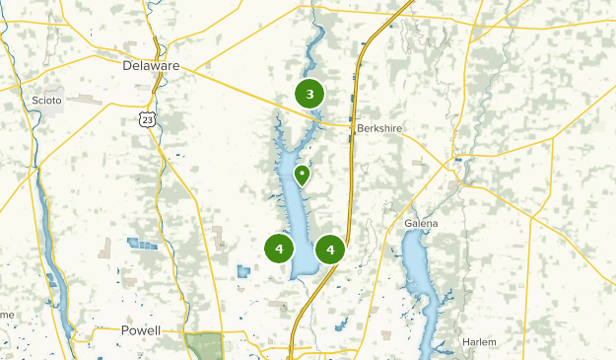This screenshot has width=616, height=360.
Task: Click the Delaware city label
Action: pos(152,66)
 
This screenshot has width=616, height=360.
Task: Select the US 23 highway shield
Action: pos(146,119)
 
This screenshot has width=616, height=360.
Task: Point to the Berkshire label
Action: pos(380,128)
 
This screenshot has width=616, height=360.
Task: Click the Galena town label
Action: pos(421,224)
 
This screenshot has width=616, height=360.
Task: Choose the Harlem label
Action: pos(480,342)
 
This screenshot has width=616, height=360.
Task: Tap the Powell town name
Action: pos(141,330)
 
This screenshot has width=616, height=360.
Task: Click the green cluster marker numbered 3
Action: pos(309,95)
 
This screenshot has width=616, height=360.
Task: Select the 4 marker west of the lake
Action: pos(280,249)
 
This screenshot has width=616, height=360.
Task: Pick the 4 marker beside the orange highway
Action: pos(330,250)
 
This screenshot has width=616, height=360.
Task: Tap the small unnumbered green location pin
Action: pos(302,175)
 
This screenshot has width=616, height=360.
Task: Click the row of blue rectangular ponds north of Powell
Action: pos(142,244)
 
